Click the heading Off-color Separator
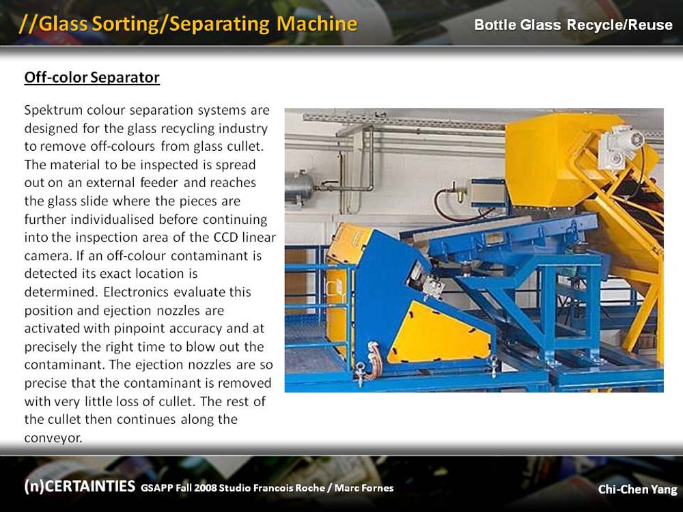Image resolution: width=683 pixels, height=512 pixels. pyautogui.click(x=92, y=78)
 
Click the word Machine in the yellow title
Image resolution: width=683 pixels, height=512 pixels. pyautogui.click(x=317, y=23)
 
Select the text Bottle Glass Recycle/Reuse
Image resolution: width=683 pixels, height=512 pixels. pyautogui.click(x=573, y=25)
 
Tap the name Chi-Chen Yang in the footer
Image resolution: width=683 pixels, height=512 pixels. pyautogui.click(x=637, y=489)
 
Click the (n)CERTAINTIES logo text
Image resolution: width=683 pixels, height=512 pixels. pyautogui.click(x=80, y=486)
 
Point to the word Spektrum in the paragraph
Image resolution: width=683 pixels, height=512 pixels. pyautogui.click(x=53, y=110)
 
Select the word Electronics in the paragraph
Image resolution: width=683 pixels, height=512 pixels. pyautogui.click(x=135, y=291)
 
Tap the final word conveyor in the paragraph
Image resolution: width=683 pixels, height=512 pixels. pyautogui.click(x=53, y=438)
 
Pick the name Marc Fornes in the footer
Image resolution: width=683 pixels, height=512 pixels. pyautogui.click(x=364, y=487)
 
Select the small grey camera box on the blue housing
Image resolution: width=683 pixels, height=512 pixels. pyautogui.click(x=432, y=286)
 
